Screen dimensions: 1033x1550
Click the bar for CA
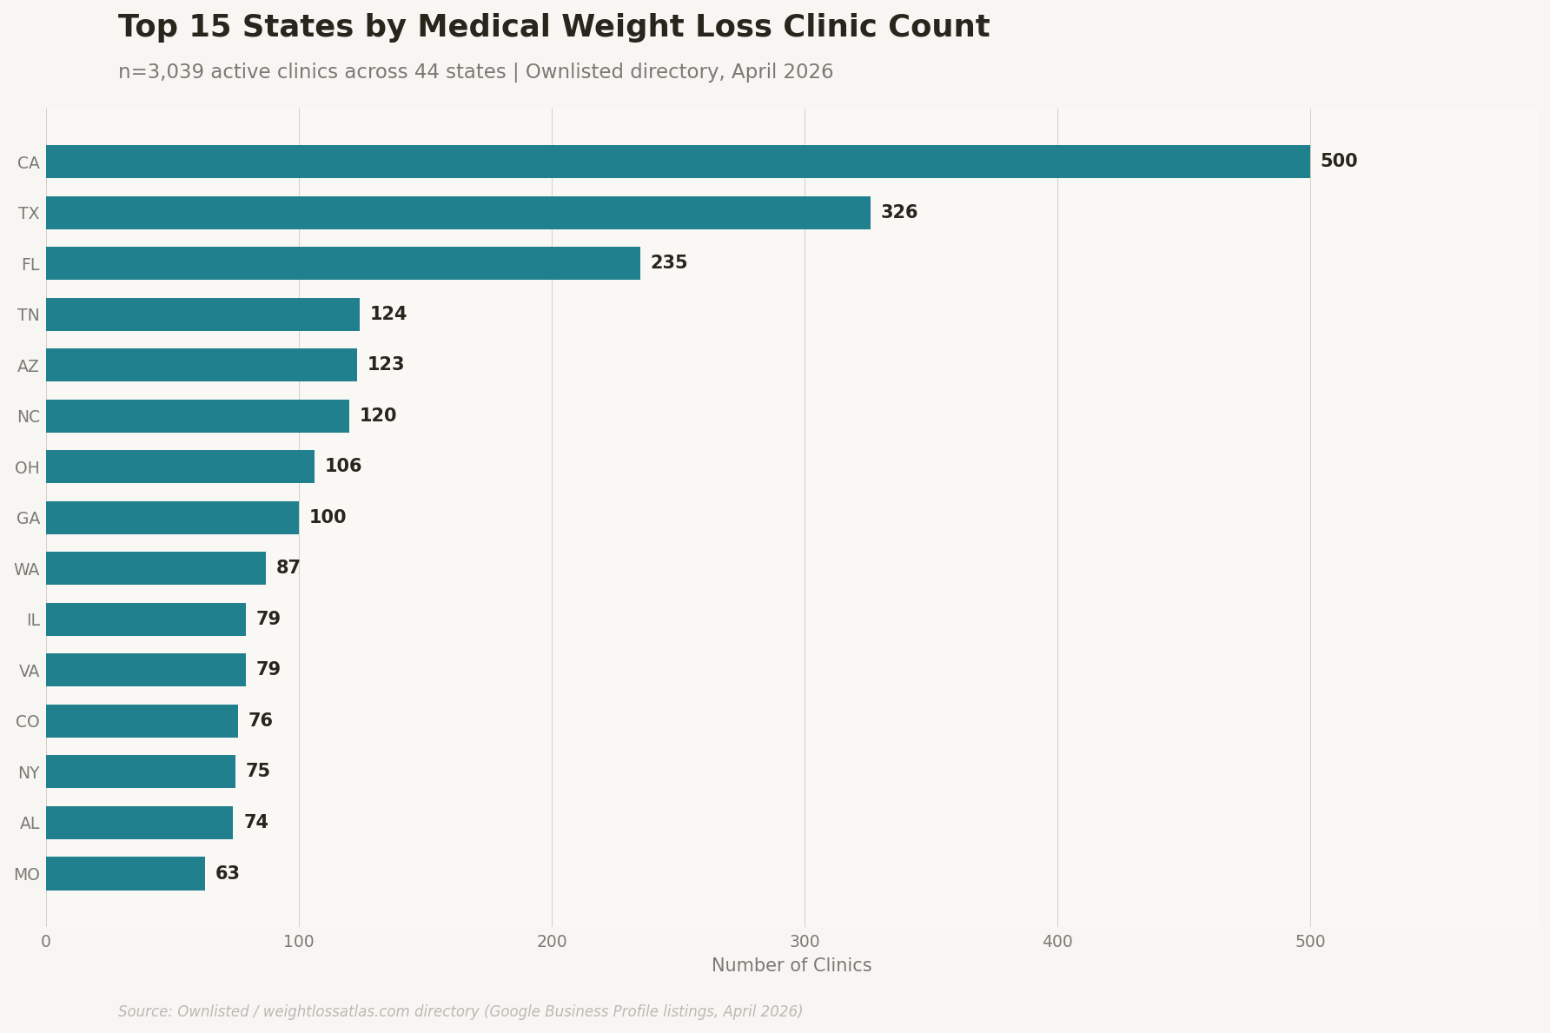(x=678, y=162)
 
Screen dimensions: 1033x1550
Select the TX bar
(x=458, y=213)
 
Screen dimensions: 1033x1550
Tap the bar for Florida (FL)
(x=343, y=263)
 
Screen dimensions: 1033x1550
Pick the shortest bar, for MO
(x=125, y=873)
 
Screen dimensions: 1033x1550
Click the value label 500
(x=1338, y=162)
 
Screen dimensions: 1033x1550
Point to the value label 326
(x=898, y=213)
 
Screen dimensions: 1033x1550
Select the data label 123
(x=385, y=365)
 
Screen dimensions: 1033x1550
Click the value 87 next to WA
(x=288, y=568)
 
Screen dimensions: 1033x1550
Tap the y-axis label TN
(x=29, y=315)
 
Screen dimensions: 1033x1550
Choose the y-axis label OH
(x=27, y=468)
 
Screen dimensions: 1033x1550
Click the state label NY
(x=29, y=773)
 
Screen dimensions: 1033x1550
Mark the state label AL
(x=30, y=824)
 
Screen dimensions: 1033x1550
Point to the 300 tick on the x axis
(x=805, y=942)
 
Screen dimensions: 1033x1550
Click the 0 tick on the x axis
(x=46, y=942)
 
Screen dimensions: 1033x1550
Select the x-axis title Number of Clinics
(x=791, y=966)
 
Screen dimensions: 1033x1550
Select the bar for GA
(x=172, y=518)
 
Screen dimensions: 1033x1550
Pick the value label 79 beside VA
(x=268, y=670)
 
